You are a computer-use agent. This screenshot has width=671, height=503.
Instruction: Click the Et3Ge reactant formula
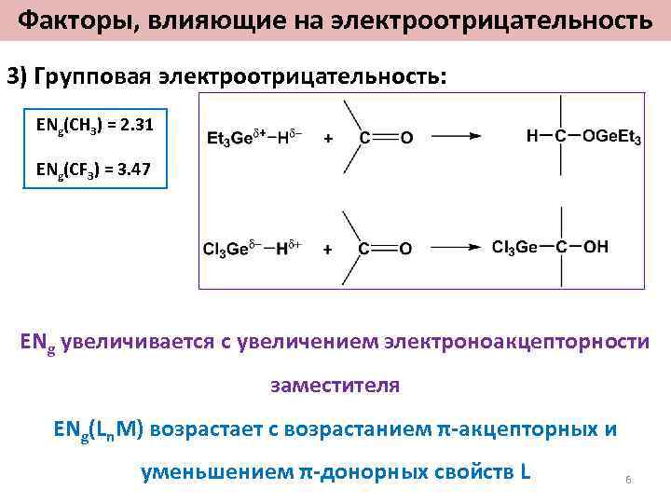coord(228,138)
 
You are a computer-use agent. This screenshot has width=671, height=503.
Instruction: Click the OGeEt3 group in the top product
coord(611,137)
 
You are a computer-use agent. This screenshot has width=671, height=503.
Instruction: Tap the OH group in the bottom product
coord(596,248)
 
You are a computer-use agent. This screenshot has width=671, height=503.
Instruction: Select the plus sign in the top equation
coord(328,138)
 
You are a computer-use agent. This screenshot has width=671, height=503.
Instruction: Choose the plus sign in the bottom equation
coord(328,249)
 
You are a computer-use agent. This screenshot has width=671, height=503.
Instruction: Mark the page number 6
coord(628,479)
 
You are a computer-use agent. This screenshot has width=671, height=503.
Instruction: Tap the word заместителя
coord(335,385)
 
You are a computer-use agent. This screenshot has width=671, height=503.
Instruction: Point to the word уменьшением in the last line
coord(217,471)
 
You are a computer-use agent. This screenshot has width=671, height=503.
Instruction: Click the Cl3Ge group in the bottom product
coord(515,248)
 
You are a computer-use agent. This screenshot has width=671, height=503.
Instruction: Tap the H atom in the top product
coord(532,137)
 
